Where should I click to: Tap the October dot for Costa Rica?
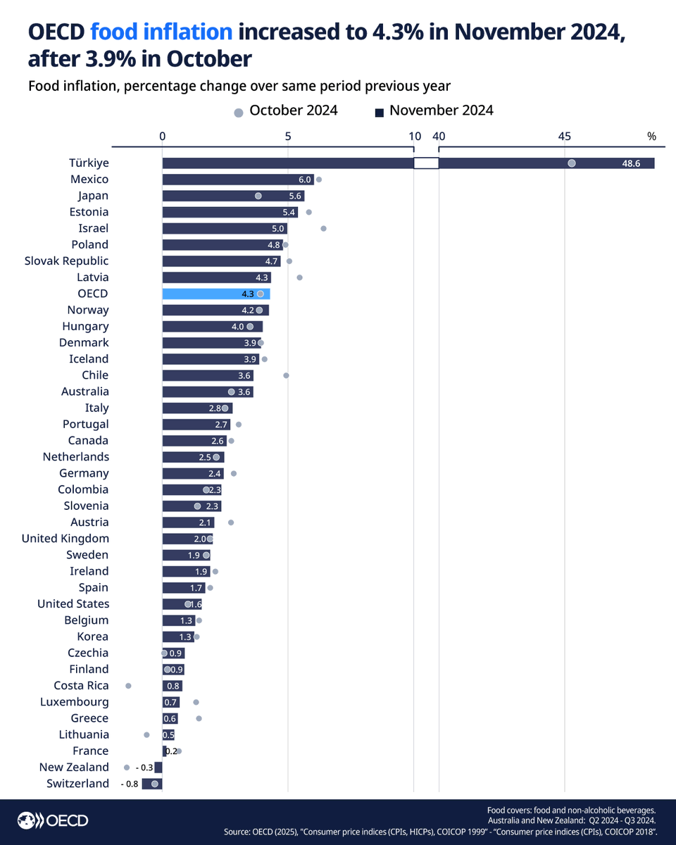128,685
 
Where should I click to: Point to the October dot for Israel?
323,228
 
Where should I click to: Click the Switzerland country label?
77,784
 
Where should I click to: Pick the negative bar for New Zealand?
158,768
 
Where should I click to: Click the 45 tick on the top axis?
564,137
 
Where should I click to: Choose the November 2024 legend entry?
434,111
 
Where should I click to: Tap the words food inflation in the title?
161,32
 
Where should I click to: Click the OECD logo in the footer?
53,820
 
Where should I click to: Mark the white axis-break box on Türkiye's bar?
425,163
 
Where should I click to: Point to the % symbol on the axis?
651,137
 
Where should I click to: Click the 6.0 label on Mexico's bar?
304,180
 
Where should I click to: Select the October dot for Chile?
286,375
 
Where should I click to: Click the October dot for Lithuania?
146,734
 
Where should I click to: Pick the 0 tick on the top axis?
163,137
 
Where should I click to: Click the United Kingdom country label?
65,539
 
